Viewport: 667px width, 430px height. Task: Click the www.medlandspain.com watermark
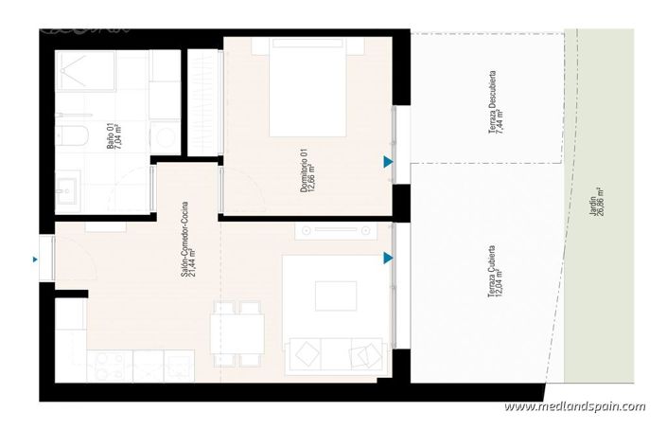click(x=575, y=406)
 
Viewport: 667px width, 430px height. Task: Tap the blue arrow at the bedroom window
click(x=388, y=163)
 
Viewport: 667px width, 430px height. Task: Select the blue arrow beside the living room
click(x=388, y=258)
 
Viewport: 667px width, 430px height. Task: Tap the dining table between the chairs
click(x=237, y=331)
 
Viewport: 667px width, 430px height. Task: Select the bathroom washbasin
click(x=68, y=189)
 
